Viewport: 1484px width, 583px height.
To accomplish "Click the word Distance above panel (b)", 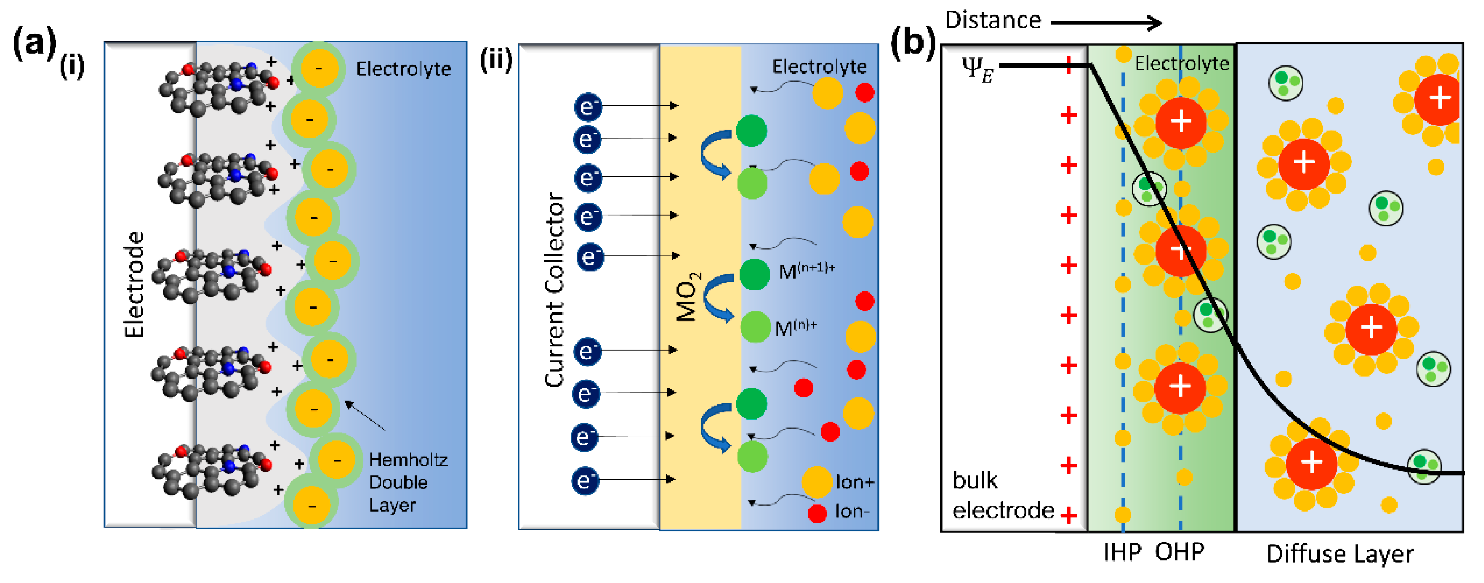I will (992, 21).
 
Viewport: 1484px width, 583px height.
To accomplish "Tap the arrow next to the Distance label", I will (1106, 23).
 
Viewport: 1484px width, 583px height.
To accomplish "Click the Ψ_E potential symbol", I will (977, 71).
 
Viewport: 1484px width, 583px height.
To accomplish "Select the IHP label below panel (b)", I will (1121, 552).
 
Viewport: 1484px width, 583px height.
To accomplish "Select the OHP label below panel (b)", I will (1179, 552).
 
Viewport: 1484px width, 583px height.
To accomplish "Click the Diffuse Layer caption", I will (1339, 554).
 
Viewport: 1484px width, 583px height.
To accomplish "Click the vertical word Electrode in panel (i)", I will (134, 284).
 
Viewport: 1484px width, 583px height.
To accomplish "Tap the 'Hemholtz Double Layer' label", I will (407, 482).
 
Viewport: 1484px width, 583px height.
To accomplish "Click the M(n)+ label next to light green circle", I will (795, 327).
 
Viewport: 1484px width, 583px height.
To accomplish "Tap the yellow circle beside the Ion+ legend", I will (817, 482).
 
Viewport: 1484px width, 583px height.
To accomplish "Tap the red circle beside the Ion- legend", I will (817, 512).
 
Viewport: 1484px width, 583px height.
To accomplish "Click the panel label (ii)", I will (496, 59).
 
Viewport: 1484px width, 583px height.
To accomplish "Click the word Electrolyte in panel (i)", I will (403, 69).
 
